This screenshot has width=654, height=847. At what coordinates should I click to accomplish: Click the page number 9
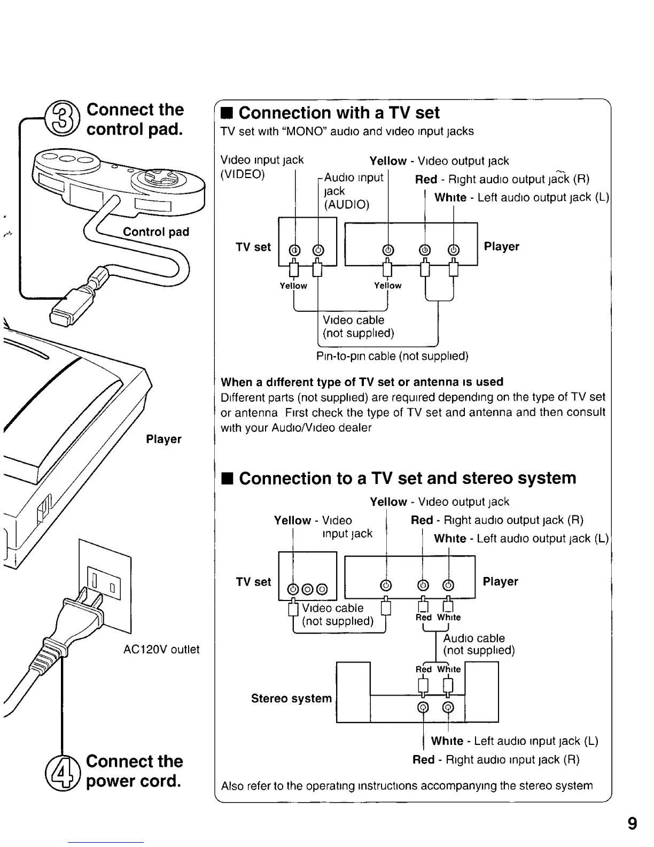(x=632, y=823)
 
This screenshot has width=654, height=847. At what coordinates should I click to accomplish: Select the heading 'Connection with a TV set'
(x=339, y=113)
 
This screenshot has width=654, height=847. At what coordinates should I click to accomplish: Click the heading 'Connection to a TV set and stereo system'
(x=407, y=478)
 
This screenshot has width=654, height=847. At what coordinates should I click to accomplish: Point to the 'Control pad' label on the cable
(x=156, y=232)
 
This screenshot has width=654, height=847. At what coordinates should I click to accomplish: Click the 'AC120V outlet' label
(x=161, y=650)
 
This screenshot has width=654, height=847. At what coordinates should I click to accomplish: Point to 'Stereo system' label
(x=291, y=698)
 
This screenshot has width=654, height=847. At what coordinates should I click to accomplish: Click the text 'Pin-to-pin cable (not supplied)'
(x=392, y=356)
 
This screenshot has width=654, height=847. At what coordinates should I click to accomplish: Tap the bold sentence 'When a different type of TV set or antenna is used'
(x=362, y=382)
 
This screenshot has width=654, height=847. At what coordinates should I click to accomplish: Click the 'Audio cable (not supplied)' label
(x=479, y=644)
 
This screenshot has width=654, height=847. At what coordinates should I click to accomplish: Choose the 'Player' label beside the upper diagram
(x=501, y=247)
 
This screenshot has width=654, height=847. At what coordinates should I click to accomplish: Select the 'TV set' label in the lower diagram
(x=253, y=582)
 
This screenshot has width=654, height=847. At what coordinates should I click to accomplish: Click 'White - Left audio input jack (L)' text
(x=514, y=741)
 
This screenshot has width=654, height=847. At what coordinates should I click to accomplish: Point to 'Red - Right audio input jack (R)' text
(x=495, y=760)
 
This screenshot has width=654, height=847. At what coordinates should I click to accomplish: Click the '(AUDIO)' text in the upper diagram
(x=346, y=205)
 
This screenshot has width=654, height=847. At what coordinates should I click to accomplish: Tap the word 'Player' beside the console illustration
(x=163, y=439)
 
